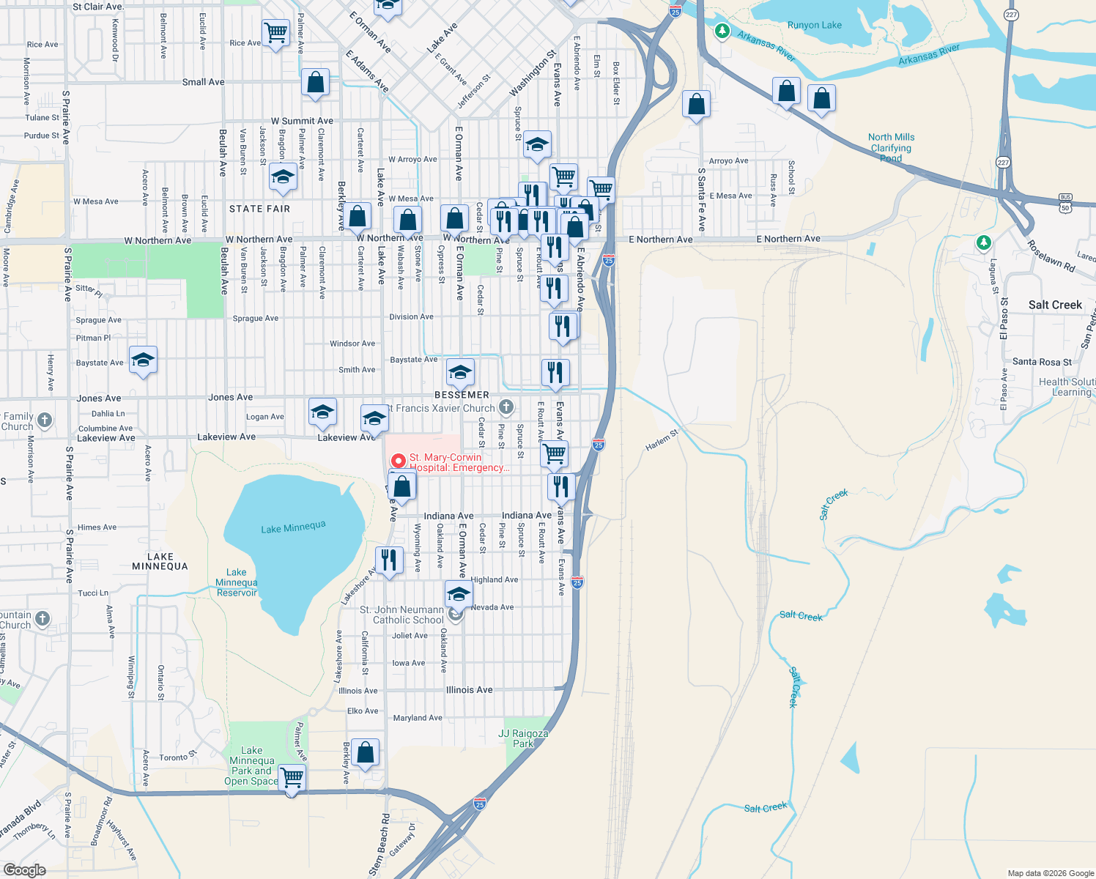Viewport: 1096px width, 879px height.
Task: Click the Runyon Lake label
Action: click(x=814, y=25)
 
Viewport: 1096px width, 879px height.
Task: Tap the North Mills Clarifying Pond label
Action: click(x=891, y=147)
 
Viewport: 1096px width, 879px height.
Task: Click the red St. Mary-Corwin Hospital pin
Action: click(x=398, y=461)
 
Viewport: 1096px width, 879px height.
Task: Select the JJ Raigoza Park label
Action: click(x=523, y=738)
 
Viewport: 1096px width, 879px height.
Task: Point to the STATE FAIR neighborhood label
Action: click(x=259, y=209)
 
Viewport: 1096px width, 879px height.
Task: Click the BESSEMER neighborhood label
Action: click(x=462, y=395)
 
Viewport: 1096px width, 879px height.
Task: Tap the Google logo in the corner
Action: click(x=25, y=869)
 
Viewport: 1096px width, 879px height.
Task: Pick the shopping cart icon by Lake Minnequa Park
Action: click(x=292, y=776)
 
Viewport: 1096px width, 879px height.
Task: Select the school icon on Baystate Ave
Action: click(x=143, y=360)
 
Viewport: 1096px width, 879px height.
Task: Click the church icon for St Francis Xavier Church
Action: click(x=506, y=407)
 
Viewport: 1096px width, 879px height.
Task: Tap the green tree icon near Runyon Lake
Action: click(x=722, y=31)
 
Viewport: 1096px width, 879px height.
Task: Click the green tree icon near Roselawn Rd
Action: click(x=984, y=242)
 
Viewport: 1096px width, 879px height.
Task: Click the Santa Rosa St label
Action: click(x=1042, y=362)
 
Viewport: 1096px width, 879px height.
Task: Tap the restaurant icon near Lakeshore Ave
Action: click(x=389, y=560)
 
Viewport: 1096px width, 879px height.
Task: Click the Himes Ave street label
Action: click(x=97, y=527)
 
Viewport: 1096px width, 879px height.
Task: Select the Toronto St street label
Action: click(x=178, y=756)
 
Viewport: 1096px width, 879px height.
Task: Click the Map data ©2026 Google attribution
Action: click(x=1051, y=873)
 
